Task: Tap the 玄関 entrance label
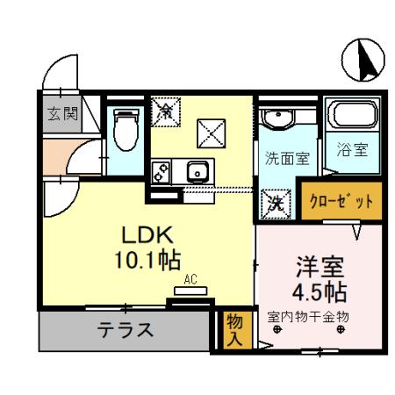pos(63,113)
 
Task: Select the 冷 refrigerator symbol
pos(165,110)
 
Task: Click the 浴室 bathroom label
pos(352,150)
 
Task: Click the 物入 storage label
pos(233,329)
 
